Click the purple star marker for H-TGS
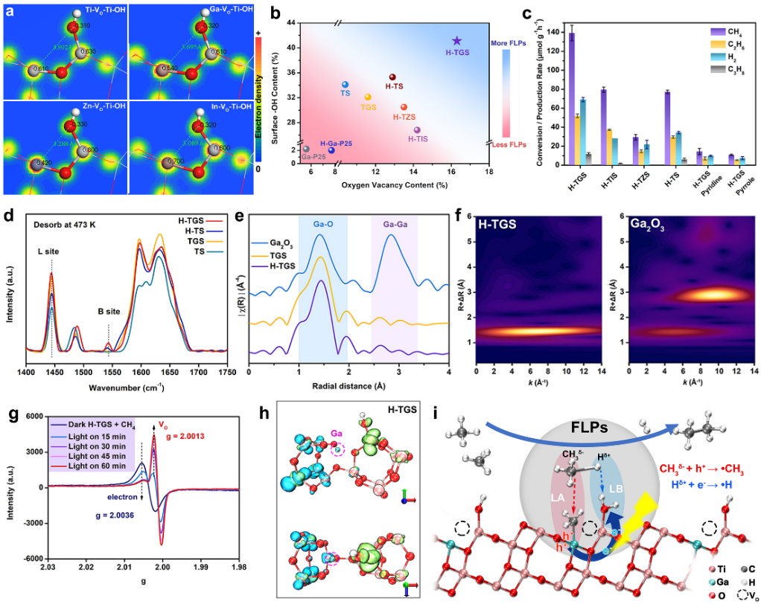pyautogui.click(x=456, y=41)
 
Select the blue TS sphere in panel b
pyautogui.click(x=345, y=85)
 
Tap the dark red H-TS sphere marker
pyautogui.click(x=393, y=77)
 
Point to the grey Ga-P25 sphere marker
pyautogui.click(x=306, y=149)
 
